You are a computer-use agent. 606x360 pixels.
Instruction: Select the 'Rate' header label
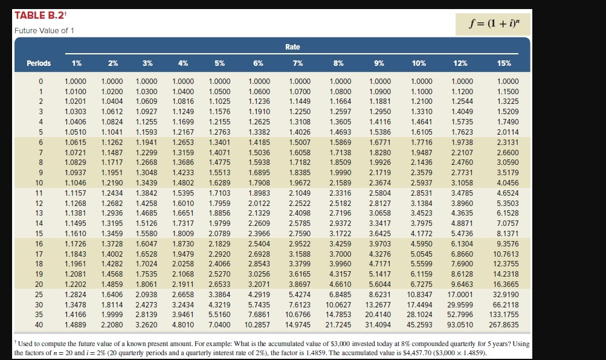coord(292,47)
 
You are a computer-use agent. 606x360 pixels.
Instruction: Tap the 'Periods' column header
coord(39,63)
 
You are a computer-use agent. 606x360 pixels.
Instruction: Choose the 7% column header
coord(297,63)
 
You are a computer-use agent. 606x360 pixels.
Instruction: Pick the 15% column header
coord(503,63)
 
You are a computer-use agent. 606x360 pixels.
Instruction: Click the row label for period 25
coord(40,294)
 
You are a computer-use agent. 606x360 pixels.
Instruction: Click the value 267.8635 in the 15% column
coord(503,324)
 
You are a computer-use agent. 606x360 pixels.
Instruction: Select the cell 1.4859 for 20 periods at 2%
coord(113,284)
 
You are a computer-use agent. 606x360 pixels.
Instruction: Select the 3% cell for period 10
coord(147,182)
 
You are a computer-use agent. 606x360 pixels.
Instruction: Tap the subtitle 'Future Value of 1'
coord(44,30)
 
